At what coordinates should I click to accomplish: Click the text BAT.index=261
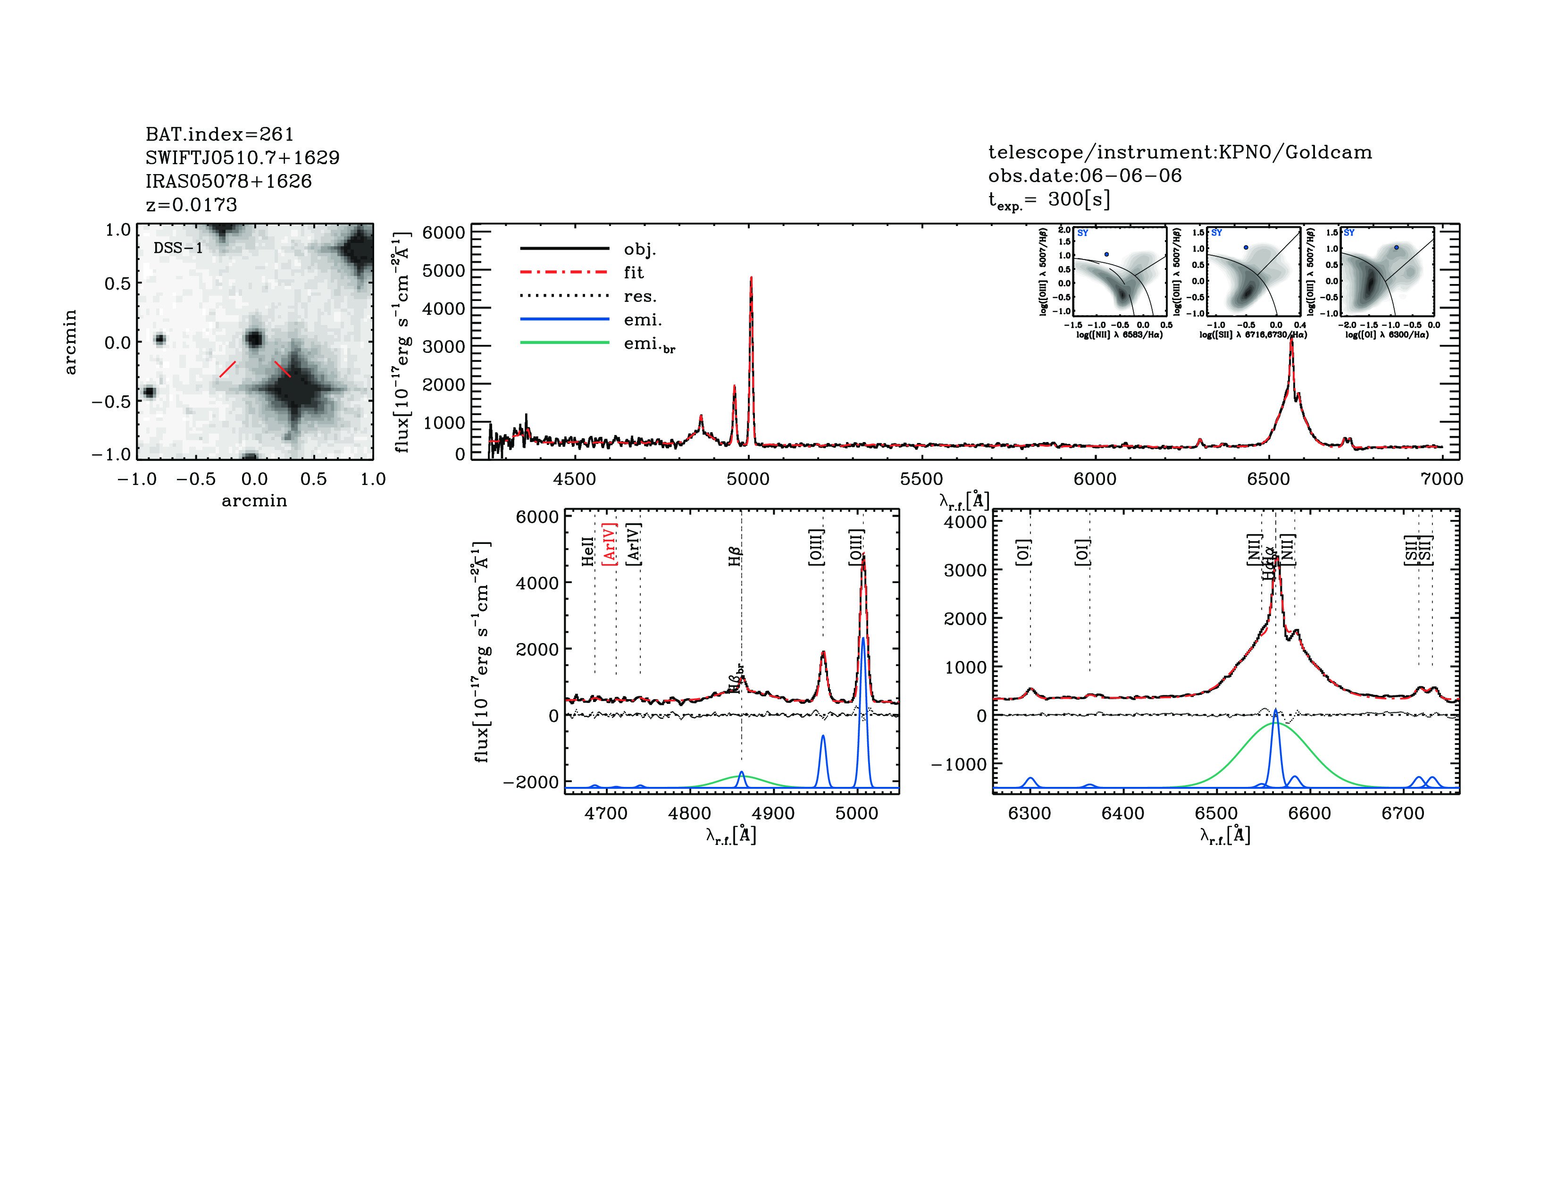click(219, 134)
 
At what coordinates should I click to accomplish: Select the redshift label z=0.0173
click(191, 205)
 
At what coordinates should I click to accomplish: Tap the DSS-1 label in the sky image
click(178, 248)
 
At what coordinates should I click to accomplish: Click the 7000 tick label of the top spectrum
click(1441, 479)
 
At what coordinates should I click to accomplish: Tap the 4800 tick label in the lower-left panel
click(689, 813)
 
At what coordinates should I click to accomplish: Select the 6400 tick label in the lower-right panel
click(1123, 813)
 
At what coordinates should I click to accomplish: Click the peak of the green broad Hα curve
click(1275, 723)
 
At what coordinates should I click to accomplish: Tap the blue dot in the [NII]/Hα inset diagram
click(1106, 254)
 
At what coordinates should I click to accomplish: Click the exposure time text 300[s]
click(1079, 200)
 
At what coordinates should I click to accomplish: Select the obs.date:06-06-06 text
click(1084, 175)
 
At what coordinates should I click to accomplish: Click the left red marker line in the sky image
click(227, 369)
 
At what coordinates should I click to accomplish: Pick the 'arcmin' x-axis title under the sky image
click(254, 501)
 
